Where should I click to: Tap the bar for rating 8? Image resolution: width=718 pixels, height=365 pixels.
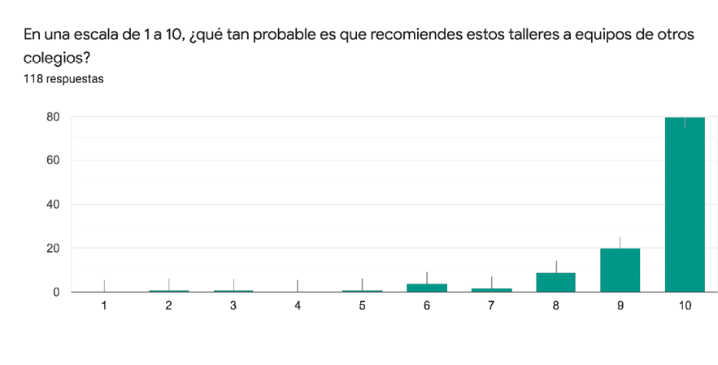point(556,282)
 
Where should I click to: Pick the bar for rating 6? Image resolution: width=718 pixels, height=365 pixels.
point(427,287)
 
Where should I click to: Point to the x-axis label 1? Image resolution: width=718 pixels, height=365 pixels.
point(104,305)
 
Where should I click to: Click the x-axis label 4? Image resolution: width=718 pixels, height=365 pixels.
point(298,305)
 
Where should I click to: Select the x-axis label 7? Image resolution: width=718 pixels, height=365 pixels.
point(491,305)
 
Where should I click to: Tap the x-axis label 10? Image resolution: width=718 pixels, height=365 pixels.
point(685,305)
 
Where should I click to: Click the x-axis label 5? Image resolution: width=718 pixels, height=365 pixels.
point(362,305)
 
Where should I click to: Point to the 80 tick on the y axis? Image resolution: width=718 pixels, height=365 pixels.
point(53,117)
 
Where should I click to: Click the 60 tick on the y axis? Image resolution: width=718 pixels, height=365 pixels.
point(53,161)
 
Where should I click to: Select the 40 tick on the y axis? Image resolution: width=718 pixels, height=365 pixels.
point(53,204)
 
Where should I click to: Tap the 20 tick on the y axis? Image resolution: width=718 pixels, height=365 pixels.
point(53,248)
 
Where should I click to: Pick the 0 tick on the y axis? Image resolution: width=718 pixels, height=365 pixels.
point(56,292)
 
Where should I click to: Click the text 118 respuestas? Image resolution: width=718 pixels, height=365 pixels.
point(63,80)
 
